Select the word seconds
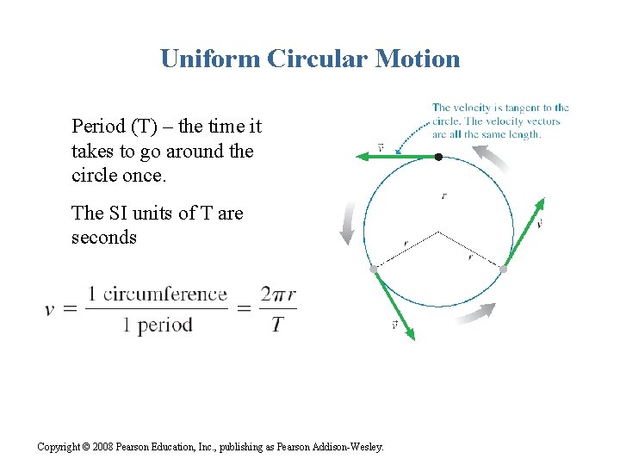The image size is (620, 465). pyautogui.click(x=104, y=237)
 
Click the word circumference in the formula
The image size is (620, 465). pyautogui.click(x=165, y=294)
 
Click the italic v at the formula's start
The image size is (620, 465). pyautogui.click(x=52, y=309)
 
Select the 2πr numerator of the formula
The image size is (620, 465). pyautogui.click(x=277, y=294)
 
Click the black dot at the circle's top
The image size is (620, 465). pyautogui.click(x=438, y=157)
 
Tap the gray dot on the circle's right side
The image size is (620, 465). pyautogui.click(x=504, y=270)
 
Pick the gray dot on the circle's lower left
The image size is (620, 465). pyautogui.click(x=374, y=270)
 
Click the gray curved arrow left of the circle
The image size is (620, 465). pyautogui.click(x=346, y=222)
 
